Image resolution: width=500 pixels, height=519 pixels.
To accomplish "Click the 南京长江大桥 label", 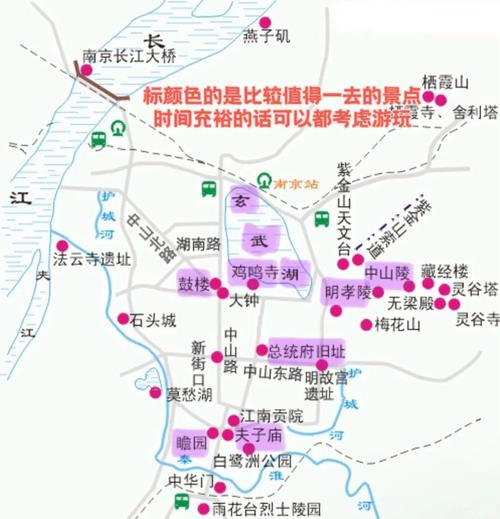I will [129, 57].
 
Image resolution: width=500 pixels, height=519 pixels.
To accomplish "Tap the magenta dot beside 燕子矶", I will [264, 21].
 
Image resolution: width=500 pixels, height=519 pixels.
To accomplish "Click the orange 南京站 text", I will [296, 184].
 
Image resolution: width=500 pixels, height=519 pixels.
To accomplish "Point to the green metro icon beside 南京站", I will [263, 182].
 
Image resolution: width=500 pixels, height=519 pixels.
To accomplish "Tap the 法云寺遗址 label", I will [92, 259].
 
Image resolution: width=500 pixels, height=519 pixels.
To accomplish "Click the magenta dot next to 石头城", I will [123, 320].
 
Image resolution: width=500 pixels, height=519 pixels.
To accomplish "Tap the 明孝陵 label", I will [348, 293].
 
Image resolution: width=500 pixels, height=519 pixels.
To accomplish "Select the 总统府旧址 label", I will [306, 351].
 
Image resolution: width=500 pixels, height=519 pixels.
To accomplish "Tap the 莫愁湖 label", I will [189, 394].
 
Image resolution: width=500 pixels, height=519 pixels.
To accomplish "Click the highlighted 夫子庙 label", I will [260, 436].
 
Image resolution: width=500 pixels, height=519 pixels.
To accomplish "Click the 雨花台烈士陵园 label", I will [267, 508].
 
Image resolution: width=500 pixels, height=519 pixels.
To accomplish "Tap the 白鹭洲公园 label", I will [254, 461].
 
